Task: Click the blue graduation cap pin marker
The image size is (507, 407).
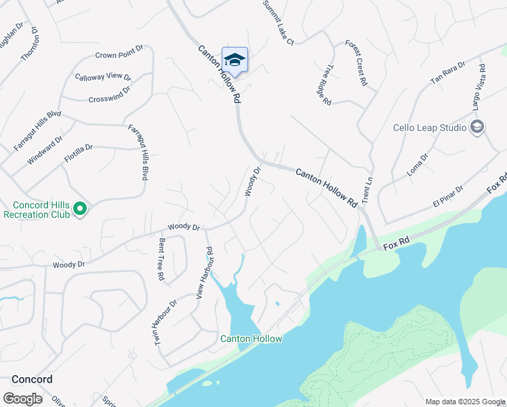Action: coord(235,60)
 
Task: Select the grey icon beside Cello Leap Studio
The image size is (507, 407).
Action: coord(477,127)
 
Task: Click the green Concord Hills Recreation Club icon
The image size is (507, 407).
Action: coord(80,209)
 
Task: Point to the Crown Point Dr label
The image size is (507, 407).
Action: coord(120,52)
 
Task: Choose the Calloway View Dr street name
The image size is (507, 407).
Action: coord(102,76)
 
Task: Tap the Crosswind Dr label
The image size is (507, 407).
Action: coord(109,94)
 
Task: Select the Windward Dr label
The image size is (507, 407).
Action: coord(45,149)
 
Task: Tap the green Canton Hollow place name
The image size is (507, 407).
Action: coord(251,338)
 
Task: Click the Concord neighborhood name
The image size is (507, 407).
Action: coord(32,379)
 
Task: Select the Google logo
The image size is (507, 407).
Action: coord(22,399)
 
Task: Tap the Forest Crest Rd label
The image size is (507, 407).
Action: coord(356,62)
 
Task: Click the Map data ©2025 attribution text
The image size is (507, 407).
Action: coord(465,402)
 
